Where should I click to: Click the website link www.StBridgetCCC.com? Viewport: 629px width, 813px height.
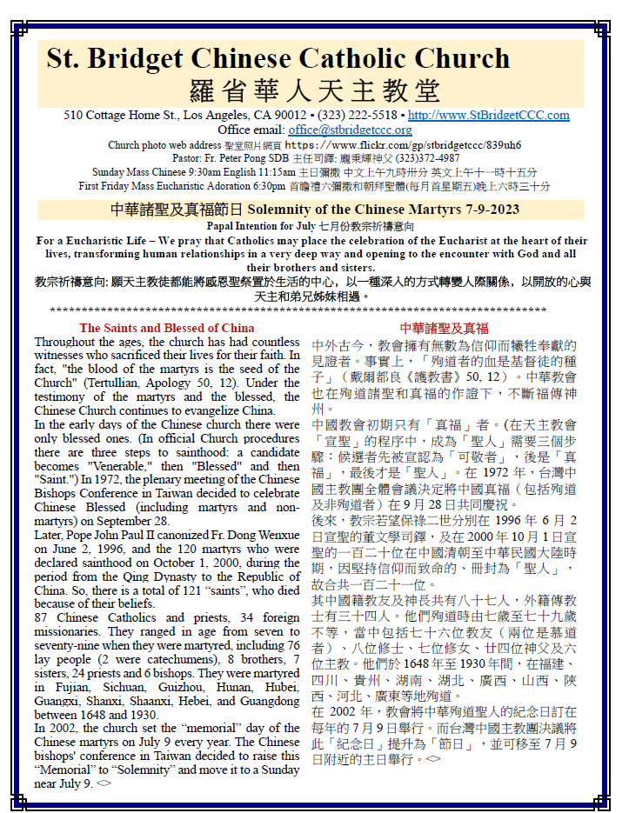(489, 115)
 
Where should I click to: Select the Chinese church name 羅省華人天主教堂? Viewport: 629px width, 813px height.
(314, 89)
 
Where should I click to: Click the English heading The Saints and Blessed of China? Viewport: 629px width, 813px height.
(167, 328)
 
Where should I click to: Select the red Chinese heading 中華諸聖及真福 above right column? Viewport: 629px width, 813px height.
(444, 328)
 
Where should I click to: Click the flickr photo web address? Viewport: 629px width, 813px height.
(403, 144)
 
